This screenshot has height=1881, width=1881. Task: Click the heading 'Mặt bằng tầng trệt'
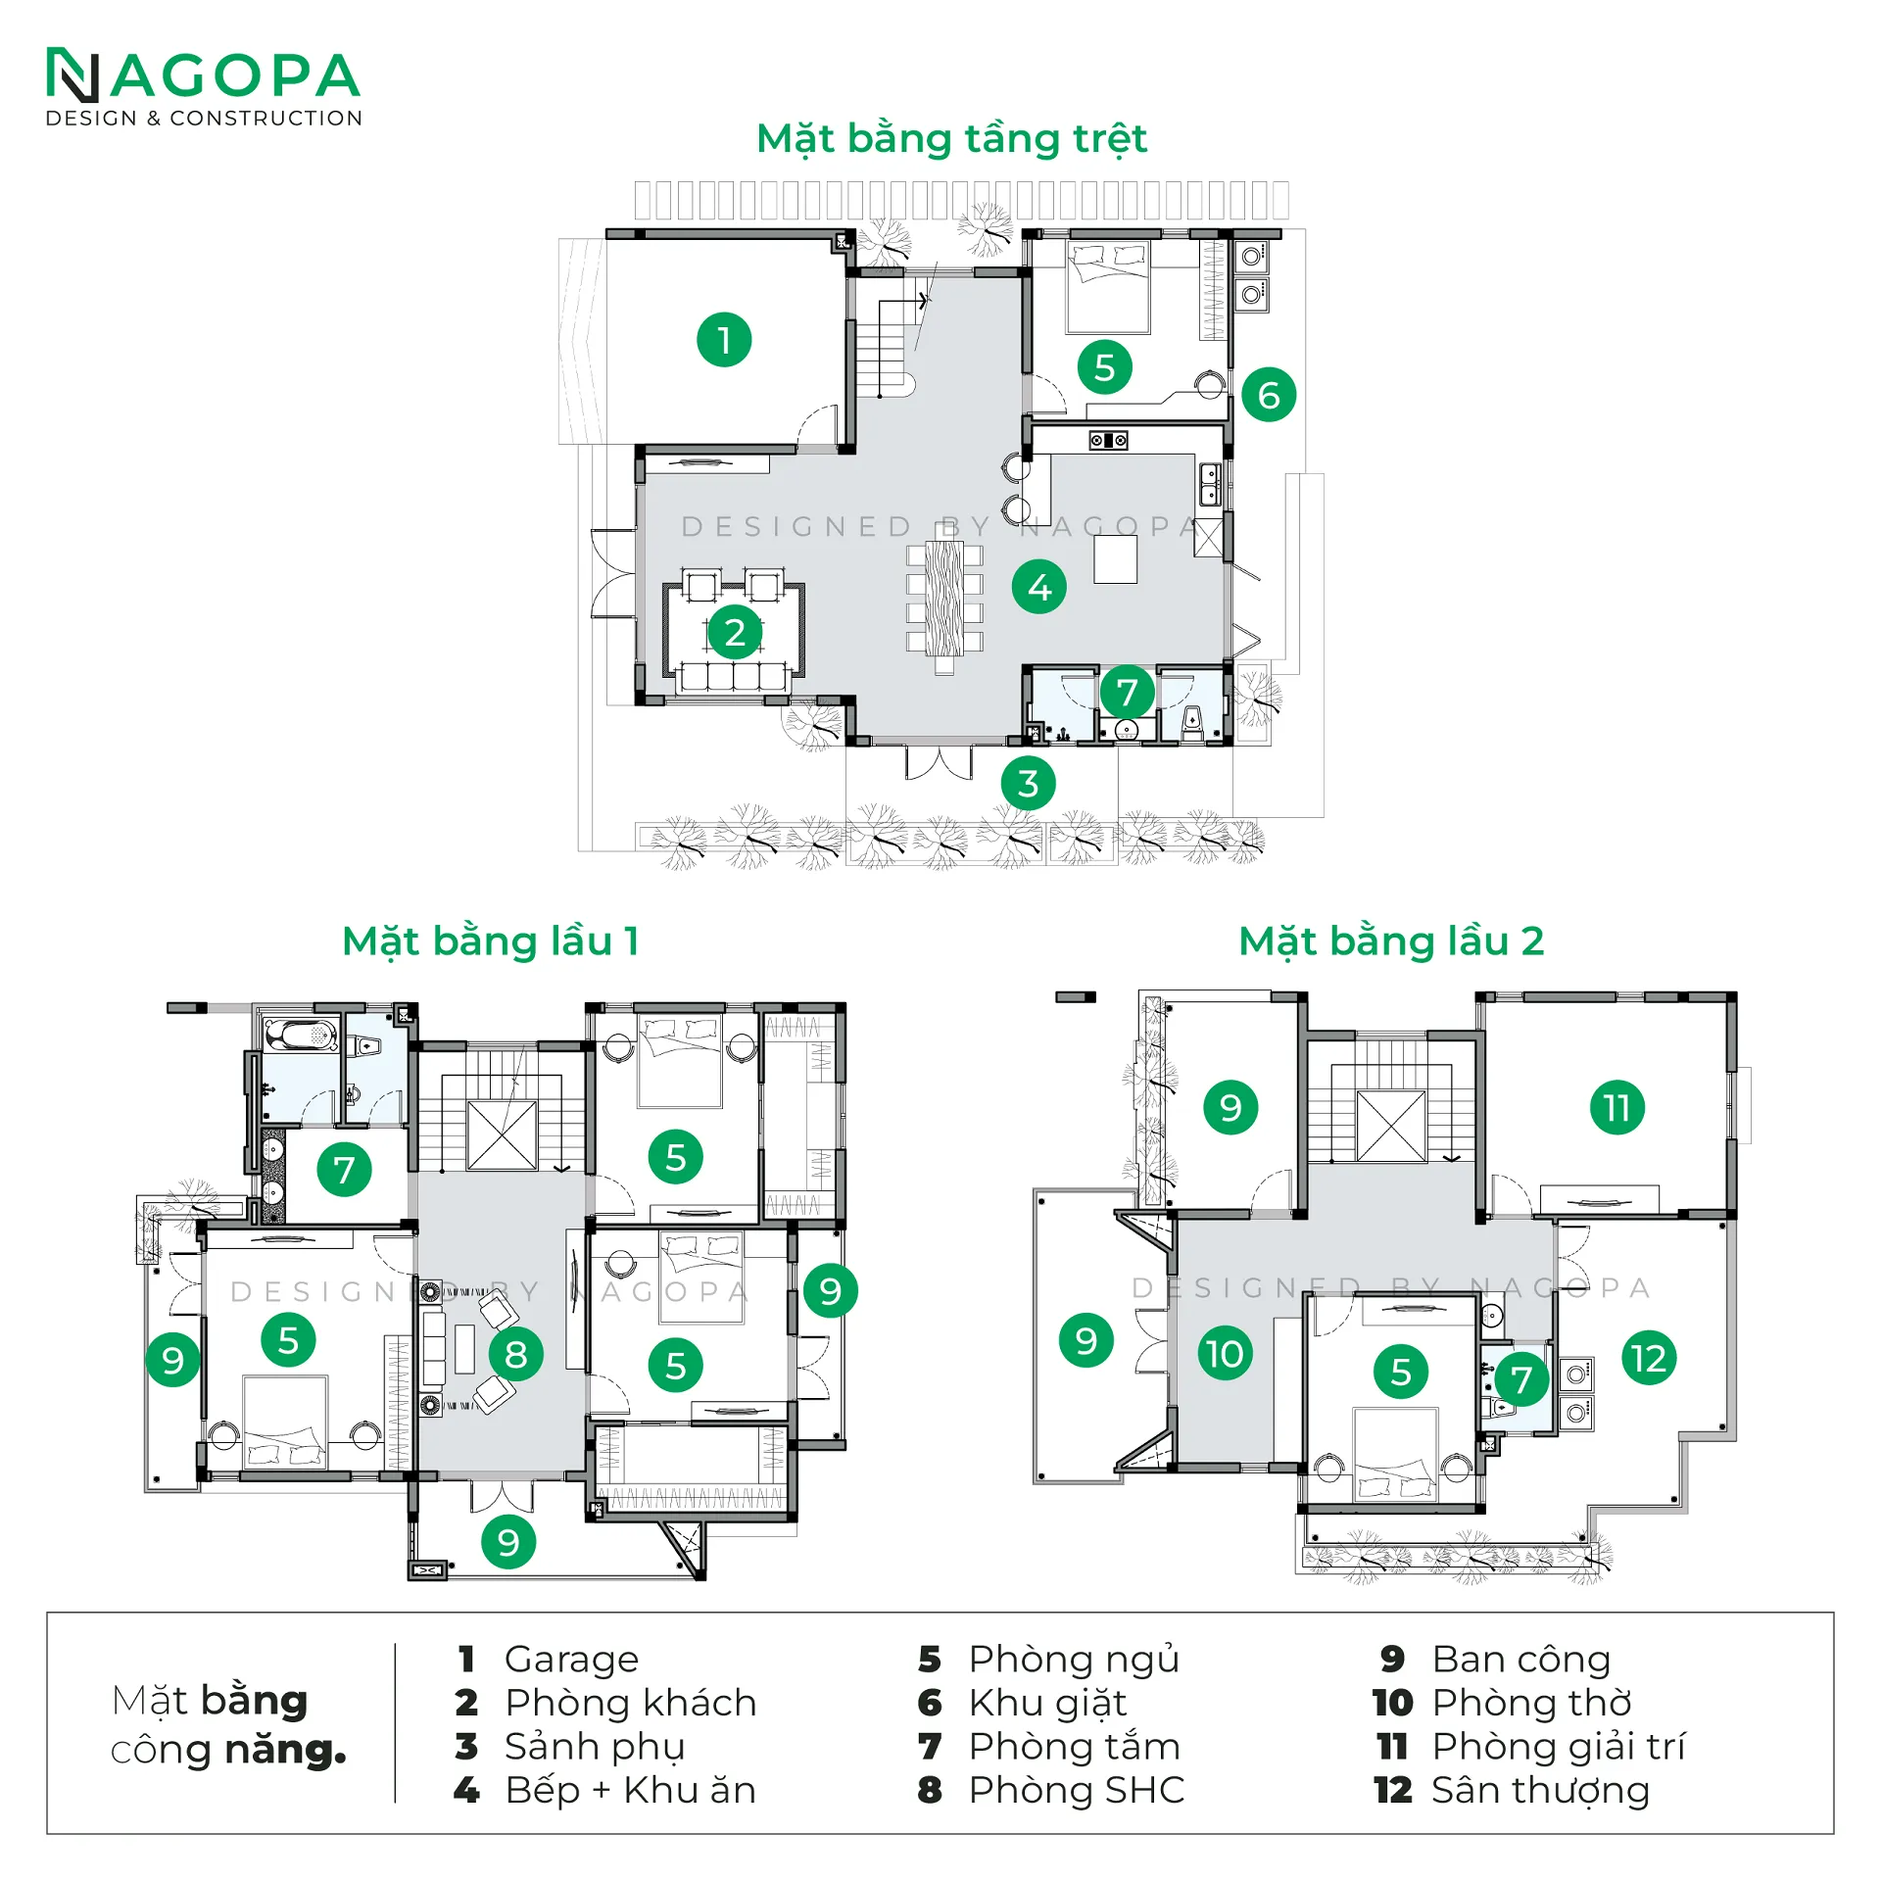pyautogui.click(x=951, y=140)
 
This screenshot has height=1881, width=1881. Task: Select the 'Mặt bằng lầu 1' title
pyautogui.click(x=491, y=941)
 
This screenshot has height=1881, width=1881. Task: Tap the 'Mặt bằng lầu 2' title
pyautogui.click(x=1391, y=941)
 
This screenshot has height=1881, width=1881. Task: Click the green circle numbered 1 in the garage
pyautogui.click(x=724, y=340)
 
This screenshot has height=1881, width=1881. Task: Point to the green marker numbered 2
pyautogui.click(x=735, y=633)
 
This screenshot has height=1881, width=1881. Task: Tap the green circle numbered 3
pyautogui.click(x=1028, y=784)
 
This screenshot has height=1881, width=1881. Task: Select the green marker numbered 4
pyautogui.click(x=1039, y=587)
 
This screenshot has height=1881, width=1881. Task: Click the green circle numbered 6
pyautogui.click(x=1269, y=395)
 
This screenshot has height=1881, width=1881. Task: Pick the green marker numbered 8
pyautogui.click(x=516, y=1354)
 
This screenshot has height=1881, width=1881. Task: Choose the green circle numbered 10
pyautogui.click(x=1225, y=1354)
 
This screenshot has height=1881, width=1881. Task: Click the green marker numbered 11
pyautogui.click(x=1617, y=1108)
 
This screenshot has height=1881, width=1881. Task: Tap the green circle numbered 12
pyautogui.click(x=1650, y=1359)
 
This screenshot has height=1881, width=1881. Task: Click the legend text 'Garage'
pyautogui.click(x=571, y=1661)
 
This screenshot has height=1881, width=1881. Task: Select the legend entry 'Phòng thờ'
pyautogui.click(x=1531, y=1703)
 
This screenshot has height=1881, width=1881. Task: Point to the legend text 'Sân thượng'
pyautogui.click(x=1540, y=1790)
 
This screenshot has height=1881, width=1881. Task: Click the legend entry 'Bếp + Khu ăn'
pyautogui.click(x=630, y=1790)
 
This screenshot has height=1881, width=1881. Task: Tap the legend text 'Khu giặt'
pyautogui.click(x=1047, y=1704)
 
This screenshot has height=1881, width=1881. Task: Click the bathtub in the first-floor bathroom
pyautogui.click(x=301, y=1036)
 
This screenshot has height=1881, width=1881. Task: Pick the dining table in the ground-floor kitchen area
pyautogui.click(x=944, y=599)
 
